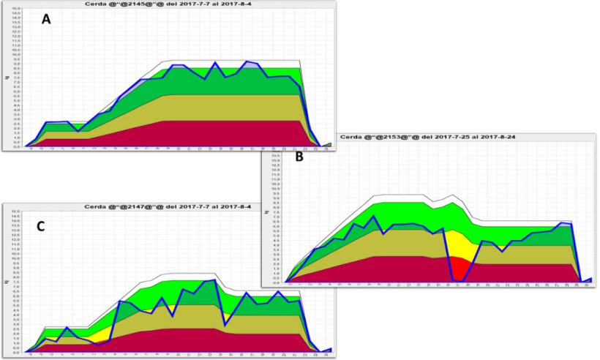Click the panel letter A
tap(46, 20)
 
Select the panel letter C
tap(40, 227)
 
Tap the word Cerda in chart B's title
tap(354, 137)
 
